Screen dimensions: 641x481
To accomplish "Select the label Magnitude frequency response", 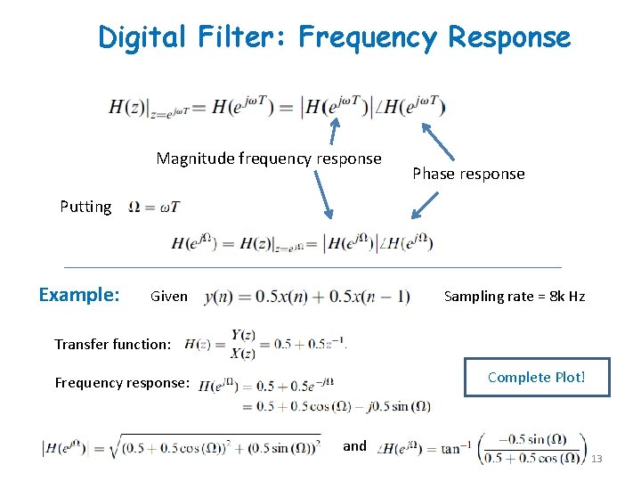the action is (x=268, y=159).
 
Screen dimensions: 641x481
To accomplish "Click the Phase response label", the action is (x=468, y=174).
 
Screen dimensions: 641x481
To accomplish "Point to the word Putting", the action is (x=85, y=207).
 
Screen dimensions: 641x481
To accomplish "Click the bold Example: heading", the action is (x=79, y=295).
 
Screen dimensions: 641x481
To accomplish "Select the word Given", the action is (x=169, y=296).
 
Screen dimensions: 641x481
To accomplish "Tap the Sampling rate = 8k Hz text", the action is (x=515, y=296).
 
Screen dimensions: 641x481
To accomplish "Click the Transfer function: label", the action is (x=112, y=344).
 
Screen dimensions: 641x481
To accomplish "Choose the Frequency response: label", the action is (x=122, y=383).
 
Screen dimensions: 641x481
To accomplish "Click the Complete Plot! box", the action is (x=536, y=377).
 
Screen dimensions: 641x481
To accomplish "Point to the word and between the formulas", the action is (x=354, y=445).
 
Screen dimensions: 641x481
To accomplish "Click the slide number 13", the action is (x=596, y=459).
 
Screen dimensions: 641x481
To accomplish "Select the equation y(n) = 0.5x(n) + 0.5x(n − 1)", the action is (x=307, y=297).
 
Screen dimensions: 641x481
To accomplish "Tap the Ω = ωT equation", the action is (x=153, y=208).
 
